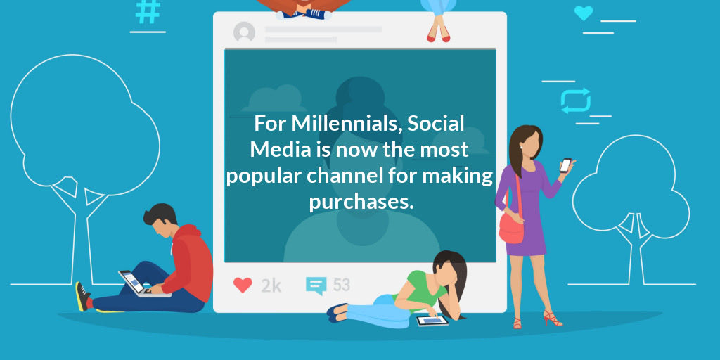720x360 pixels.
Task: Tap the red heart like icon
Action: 243,285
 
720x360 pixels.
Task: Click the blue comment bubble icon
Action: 316,285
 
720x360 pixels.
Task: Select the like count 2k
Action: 271,285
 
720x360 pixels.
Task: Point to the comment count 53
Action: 341,285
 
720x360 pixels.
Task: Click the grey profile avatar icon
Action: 244,32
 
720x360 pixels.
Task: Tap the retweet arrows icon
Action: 575,101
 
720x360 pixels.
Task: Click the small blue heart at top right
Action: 583,13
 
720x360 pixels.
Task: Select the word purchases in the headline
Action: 359,201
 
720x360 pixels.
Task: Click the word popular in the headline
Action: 260,176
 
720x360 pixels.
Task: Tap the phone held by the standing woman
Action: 565,165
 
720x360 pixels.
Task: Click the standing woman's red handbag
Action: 511,226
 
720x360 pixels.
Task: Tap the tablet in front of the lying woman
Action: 432,320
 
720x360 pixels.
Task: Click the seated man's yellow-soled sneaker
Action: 83,296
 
